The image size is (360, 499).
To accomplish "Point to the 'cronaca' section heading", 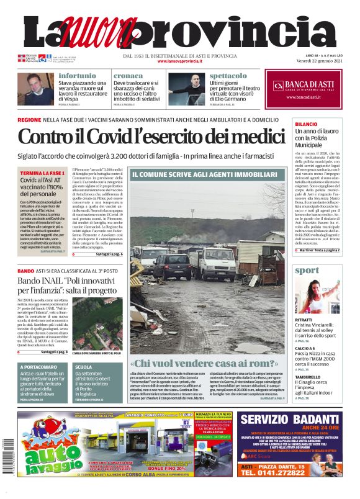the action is coord(128,75).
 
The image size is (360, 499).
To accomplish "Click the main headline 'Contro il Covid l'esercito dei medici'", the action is coord(150,136).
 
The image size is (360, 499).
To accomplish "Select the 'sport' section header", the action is coord(308,271).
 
